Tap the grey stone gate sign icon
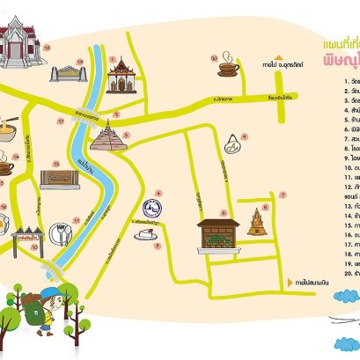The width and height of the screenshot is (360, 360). coord(66,73)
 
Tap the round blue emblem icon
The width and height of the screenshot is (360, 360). coord(156,209)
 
